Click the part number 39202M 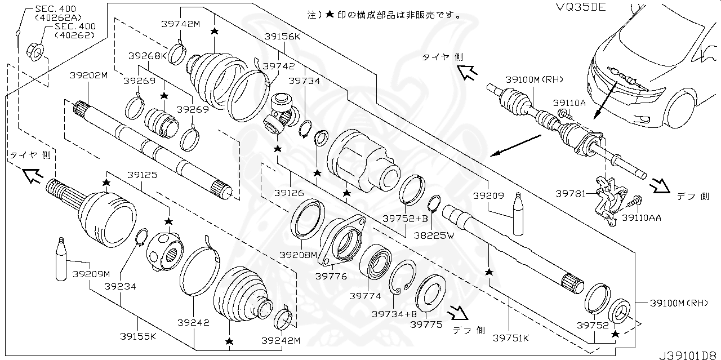coord(88,75)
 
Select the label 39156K coord(283,37)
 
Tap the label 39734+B coord(394,314)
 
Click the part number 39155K coord(137,336)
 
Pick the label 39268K coord(148,56)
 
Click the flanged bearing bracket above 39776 coord(342,239)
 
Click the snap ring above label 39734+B coord(402,277)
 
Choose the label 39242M coord(280,340)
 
